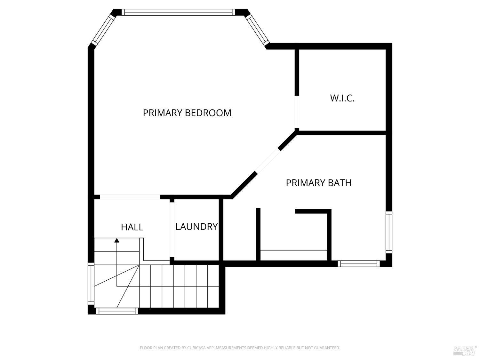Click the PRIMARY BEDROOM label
coord(187,113)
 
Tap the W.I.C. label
coord(342,98)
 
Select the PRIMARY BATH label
coord(318,183)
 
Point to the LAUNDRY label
coord(196,227)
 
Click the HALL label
coord(132,227)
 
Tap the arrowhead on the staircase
coord(117,240)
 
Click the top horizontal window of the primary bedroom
coord(178,12)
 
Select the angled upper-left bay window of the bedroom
coord(103,30)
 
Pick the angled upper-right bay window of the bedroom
coord(257,30)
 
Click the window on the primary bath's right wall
coord(389,232)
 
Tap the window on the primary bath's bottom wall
coord(359,264)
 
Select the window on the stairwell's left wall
coord(91,284)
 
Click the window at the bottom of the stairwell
coord(117,311)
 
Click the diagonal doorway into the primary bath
coord(268,161)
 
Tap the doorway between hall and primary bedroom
coord(130,197)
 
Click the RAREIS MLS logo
coord(465,350)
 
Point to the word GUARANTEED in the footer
coord(328,348)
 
